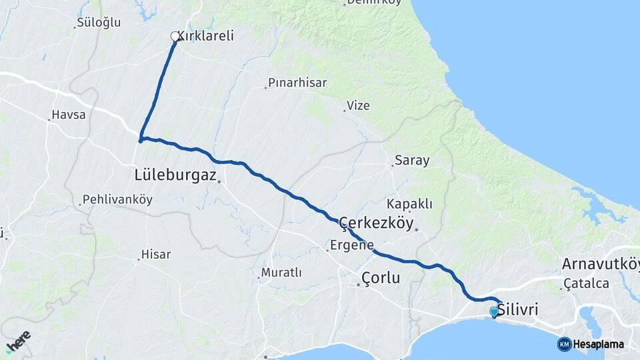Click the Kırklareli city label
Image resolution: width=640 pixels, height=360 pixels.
coord(208,36)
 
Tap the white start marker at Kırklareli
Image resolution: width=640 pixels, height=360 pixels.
coord(175,37)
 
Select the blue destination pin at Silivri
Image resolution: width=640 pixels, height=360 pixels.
coord(493,311)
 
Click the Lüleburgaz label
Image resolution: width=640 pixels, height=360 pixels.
coord(175,175)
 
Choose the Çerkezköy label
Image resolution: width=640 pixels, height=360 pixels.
coord(377,223)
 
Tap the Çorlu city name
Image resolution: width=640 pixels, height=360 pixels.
coord(381,277)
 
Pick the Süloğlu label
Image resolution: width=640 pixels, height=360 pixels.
coord(99,22)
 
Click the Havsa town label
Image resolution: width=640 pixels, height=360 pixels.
coord(70,115)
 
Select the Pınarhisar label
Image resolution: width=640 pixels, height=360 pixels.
coord(298,83)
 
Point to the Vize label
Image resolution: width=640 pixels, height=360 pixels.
coord(359,105)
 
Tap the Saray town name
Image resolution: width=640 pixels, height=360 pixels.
coord(412,160)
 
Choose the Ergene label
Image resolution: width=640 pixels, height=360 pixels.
coord(352,245)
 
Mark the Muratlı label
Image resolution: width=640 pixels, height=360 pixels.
coord(282,273)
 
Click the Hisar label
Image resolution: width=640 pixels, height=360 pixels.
coord(156,254)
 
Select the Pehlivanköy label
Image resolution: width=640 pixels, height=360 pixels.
coord(117,199)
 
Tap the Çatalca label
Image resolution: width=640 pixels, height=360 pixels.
coord(587,283)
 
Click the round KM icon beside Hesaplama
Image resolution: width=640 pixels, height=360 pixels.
coord(564,344)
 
